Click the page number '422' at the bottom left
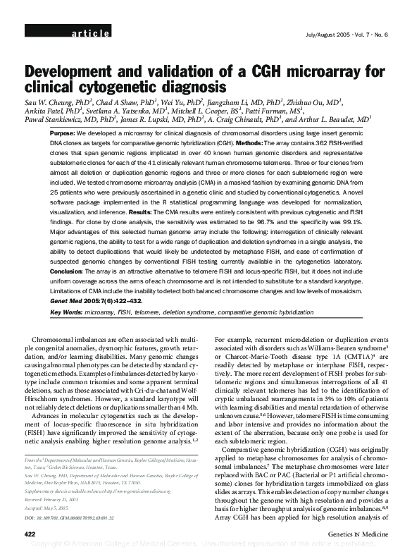coord(30,535)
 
